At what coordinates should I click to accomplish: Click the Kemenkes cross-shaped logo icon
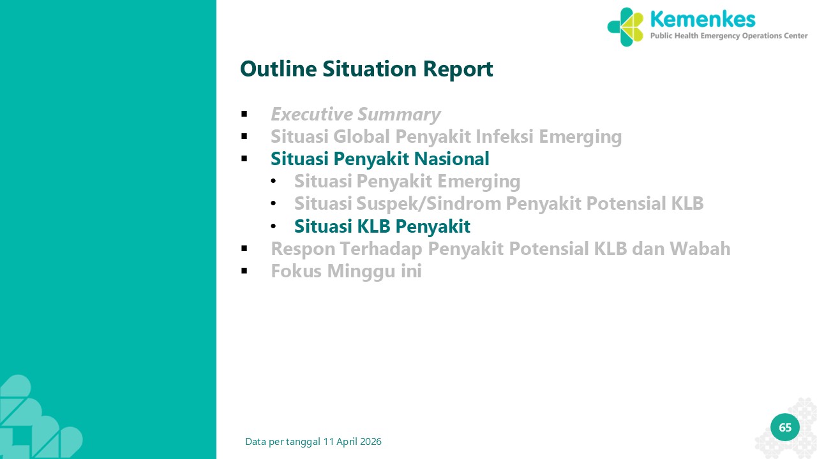pyautogui.click(x=626, y=27)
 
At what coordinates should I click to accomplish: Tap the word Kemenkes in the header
pyautogui.click(x=703, y=19)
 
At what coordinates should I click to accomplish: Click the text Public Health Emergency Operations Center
pyautogui.click(x=729, y=36)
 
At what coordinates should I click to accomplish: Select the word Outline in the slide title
pyautogui.click(x=278, y=69)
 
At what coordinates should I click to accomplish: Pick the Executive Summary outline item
pyautogui.click(x=356, y=114)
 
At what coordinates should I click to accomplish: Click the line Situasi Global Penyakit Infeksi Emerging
pyautogui.click(x=446, y=137)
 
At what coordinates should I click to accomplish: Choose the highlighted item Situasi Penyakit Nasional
pyautogui.click(x=380, y=159)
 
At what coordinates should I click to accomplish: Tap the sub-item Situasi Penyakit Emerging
pyautogui.click(x=407, y=182)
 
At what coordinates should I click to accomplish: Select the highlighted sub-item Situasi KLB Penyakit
pyautogui.click(x=382, y=226)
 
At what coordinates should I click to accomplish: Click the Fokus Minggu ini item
pyautogui.click(x=346, y=272)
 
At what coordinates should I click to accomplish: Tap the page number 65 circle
pyautogui.click(x=785, y=427)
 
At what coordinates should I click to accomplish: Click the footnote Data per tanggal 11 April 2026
pyautogui.click(x=313, y=442)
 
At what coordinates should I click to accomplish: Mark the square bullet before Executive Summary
pyautogui.click(x=244, y=114)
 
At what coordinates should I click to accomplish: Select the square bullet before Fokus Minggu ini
pyautogui.click(x=244, y=271)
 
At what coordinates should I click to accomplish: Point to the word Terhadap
pyautogui.click(x=381, y=249)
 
